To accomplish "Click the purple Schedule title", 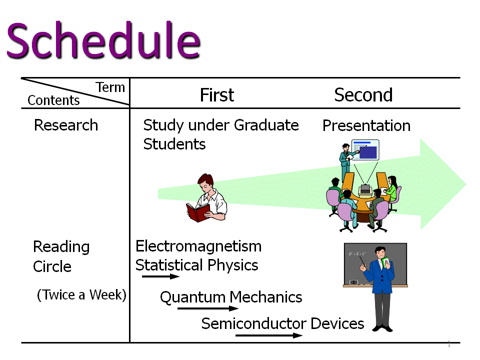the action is (x=103, y=40).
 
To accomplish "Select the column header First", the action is (x=216, y=95).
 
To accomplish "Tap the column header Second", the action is (x=363, y=95).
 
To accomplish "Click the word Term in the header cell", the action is (x=110, y=87).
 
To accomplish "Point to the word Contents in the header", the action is (x=53, y=100).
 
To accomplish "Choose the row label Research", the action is (x=66, y=125).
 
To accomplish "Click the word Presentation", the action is (x=366, y=125).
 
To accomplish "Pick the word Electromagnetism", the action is (x=198, y=246).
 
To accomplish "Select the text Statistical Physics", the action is (x=197, y=265).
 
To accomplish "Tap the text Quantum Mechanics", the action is (x=231, y=297).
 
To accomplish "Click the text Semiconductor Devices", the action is (x=282, y=323).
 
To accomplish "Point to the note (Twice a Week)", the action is (x=81, y=295).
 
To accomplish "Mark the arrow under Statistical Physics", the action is (x=160, y=276).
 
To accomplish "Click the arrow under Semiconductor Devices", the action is (x=269, y=335).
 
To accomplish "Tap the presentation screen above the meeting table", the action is (x=365, y=150).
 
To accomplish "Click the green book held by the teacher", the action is (x=385, y=262).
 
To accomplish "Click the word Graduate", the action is (x=266, y=125).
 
